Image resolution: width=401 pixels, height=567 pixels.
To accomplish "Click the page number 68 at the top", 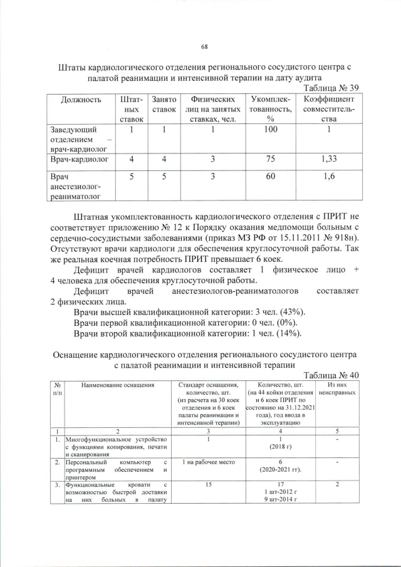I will [x=204, y=47].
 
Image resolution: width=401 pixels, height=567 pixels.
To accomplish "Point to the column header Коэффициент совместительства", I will [x=329, y=109].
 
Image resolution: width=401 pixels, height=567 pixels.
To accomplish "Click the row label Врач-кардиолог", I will [x=79, y=160].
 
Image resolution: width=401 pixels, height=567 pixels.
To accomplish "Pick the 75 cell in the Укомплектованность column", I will [x=271, y=160].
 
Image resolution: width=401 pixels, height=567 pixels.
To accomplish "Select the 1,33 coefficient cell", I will [x=329, y=160].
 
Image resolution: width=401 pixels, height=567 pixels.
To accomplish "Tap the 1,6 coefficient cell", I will [x=329, y=177].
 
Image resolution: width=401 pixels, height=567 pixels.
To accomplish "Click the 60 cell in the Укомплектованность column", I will [x=271, y=177].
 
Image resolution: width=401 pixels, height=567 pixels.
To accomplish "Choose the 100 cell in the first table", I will [x=271, y=130].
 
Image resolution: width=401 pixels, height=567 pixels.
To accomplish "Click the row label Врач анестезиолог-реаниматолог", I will [x=76, y=187].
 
